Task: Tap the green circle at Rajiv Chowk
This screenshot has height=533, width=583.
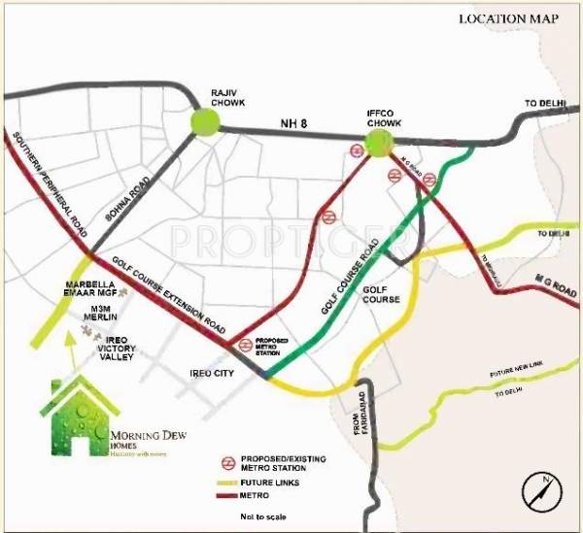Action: pyautogui.click(x=206, y=121)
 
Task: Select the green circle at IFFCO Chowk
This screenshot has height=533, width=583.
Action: pyautogui.click(x=379, y=144)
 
